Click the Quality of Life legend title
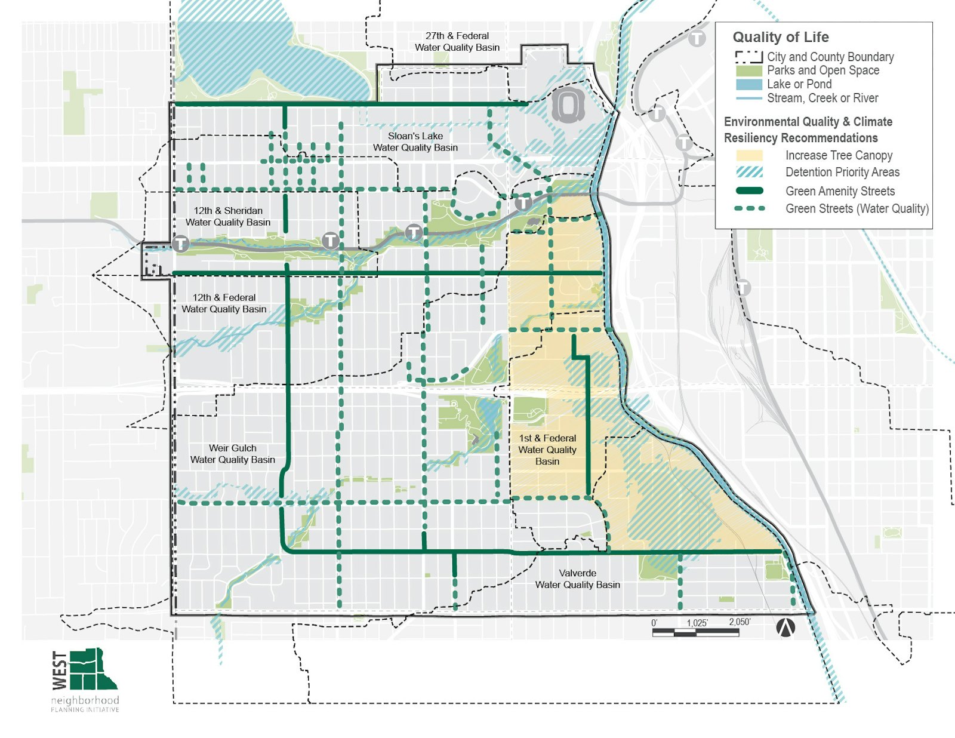tap(780, 37)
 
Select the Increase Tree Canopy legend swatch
tap(749, 155)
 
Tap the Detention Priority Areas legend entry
tap(842, 173)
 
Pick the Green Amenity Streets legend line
tap(749, 191)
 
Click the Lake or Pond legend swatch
tap(749, 84)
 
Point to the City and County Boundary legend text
tap(830, 57)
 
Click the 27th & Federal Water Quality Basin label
tap(457, 42)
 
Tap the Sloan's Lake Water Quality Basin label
tap(415, 142)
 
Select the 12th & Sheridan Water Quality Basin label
tap(228, 216)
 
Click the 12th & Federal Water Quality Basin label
tap(224, 303)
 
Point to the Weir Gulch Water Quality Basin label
tap(233, 454)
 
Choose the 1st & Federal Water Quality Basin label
tap(547, 450)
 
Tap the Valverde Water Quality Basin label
tap(577, 579)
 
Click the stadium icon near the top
tap(568, 106)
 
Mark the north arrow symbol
tap(785, 628)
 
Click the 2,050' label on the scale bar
tap(740, 622)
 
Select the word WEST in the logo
tap(60, 669)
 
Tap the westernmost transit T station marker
tap(181, 244)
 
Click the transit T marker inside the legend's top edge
tap(697, 39)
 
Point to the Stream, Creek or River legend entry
tap(822, 98)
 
